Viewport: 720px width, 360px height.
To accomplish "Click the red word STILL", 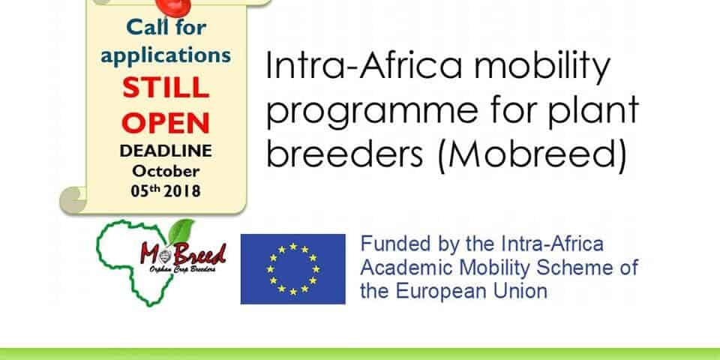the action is tap(166, 88).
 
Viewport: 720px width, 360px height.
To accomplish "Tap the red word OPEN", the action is tap(166, 123).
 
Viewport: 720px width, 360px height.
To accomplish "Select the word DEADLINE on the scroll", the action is tap(166, 151).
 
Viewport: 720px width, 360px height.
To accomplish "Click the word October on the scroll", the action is tap(166, 171).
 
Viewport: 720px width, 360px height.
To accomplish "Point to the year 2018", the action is tap(182, 190).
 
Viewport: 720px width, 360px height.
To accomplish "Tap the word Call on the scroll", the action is tap(143, 28).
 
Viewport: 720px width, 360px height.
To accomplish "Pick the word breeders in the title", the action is tap(344, 154).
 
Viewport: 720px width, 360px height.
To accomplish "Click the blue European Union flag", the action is tap(293, 269).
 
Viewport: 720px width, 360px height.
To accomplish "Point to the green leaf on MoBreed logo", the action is tap(181, 232).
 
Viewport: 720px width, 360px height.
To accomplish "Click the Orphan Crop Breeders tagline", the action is tap(182, 269).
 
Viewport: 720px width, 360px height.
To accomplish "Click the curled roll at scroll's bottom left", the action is tap(73, 200).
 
